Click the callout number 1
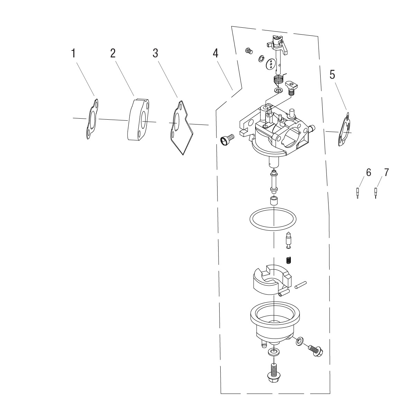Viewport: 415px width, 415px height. click(73, 53)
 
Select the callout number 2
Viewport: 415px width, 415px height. click(113, 53)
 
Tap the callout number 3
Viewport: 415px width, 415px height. click(155, 53)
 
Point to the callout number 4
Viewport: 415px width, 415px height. click(215, 53)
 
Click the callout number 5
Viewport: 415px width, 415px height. click(332, 75)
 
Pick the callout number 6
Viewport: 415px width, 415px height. click(368, 173)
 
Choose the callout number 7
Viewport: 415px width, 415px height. click(387, 173)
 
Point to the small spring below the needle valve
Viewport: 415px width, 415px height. click(288, 260)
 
